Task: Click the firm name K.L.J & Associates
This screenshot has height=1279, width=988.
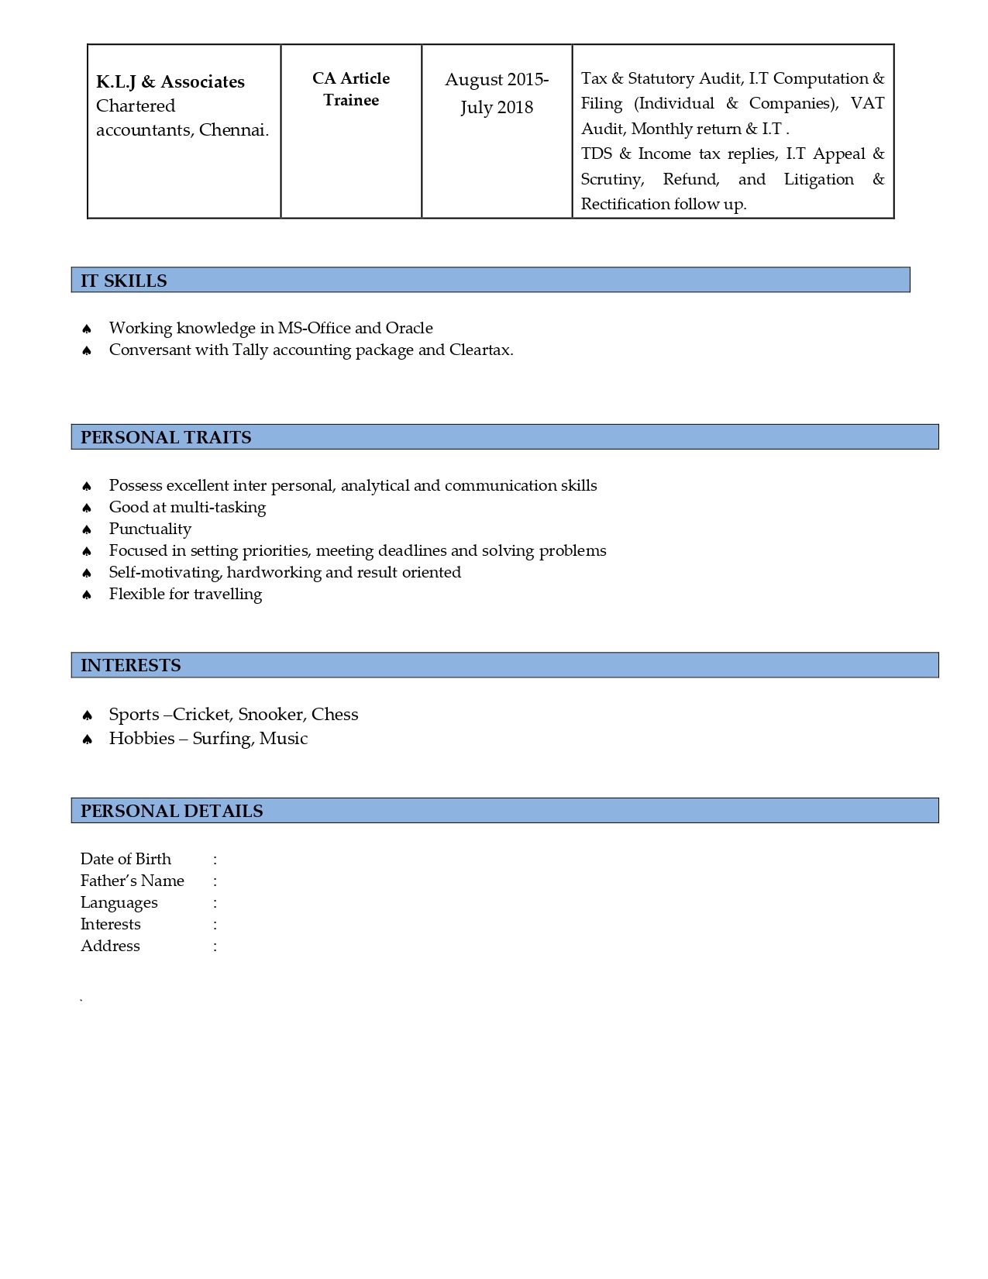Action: pos(170,82)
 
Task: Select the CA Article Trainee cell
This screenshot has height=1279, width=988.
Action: pos(351,89)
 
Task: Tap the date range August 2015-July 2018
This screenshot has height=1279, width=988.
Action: pos(497,93)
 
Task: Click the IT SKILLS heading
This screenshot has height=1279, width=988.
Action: pos(124,281)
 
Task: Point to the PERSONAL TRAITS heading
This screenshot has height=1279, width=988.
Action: pos(166,437)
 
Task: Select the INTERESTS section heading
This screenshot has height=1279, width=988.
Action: pos(131,665)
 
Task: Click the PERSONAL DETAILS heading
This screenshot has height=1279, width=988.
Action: pos(172,811)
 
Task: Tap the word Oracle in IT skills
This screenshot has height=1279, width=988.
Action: pos(409,328)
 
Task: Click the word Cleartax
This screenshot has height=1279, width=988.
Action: pos(480,350)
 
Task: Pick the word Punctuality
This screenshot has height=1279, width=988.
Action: pos(150,529)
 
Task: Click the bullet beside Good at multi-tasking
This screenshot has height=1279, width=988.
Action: pos(87,508)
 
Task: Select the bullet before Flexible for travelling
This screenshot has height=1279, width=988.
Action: pos(87,595)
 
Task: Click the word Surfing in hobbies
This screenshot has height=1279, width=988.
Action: pos(222,738)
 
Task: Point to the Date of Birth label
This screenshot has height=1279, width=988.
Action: pos(126,859)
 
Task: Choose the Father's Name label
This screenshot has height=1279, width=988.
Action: pos(133,881)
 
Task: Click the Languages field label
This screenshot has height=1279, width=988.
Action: pos(119,902)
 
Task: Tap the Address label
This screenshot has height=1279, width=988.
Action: pos(110,946)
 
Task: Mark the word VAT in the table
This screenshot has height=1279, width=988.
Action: pos(867,103)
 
